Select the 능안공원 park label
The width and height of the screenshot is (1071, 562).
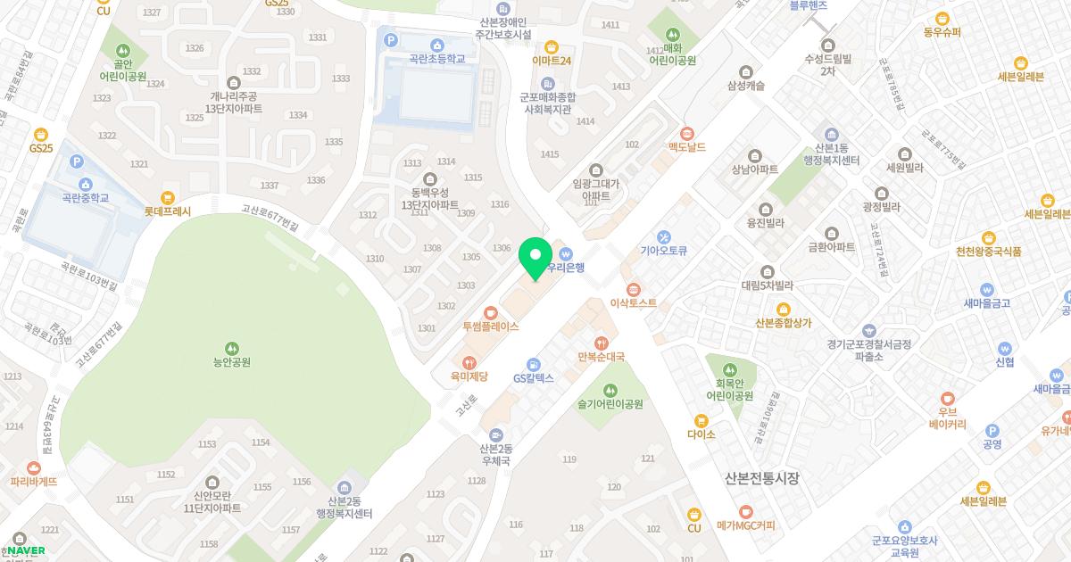pos(231,362)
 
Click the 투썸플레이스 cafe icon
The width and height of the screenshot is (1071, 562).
pos(490,312)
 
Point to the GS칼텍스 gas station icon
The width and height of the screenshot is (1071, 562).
pos(533,364)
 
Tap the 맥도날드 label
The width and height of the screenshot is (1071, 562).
pos(686,147)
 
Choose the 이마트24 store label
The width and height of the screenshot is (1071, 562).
pos(551,61)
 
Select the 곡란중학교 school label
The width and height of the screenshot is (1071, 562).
pos(85,198)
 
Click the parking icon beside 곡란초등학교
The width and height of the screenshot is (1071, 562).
pos(390,39)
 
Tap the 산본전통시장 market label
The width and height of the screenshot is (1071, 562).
pos(761,479)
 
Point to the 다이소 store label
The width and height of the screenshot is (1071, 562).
pos(702,434)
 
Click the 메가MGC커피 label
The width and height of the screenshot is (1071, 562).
pos(746,525)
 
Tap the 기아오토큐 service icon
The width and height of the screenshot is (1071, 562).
pos(663,237)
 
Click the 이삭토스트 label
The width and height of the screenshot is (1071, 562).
pos(633,303)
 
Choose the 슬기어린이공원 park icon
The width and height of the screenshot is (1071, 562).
pos(610,390)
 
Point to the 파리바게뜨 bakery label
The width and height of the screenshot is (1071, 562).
pos(34,482)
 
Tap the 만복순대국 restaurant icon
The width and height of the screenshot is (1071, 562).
pos(602,343)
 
